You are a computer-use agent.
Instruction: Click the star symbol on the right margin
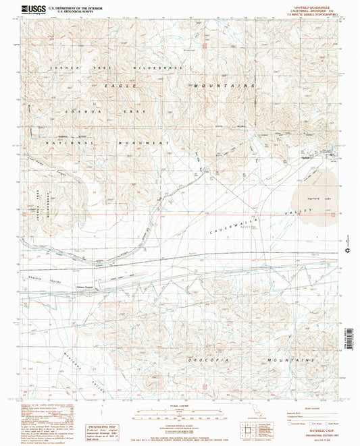(348, 251)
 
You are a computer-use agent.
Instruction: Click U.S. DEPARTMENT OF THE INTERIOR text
(77, 7)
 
